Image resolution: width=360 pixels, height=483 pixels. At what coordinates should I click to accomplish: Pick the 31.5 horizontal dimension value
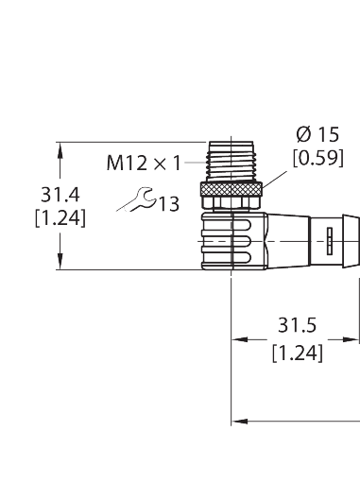[296, 327]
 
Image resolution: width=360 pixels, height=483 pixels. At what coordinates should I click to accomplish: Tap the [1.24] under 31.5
[296, 354]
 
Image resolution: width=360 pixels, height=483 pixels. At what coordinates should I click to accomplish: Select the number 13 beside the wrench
[168, 203]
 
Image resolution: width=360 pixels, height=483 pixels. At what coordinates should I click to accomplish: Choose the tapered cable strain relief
[293, 241]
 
